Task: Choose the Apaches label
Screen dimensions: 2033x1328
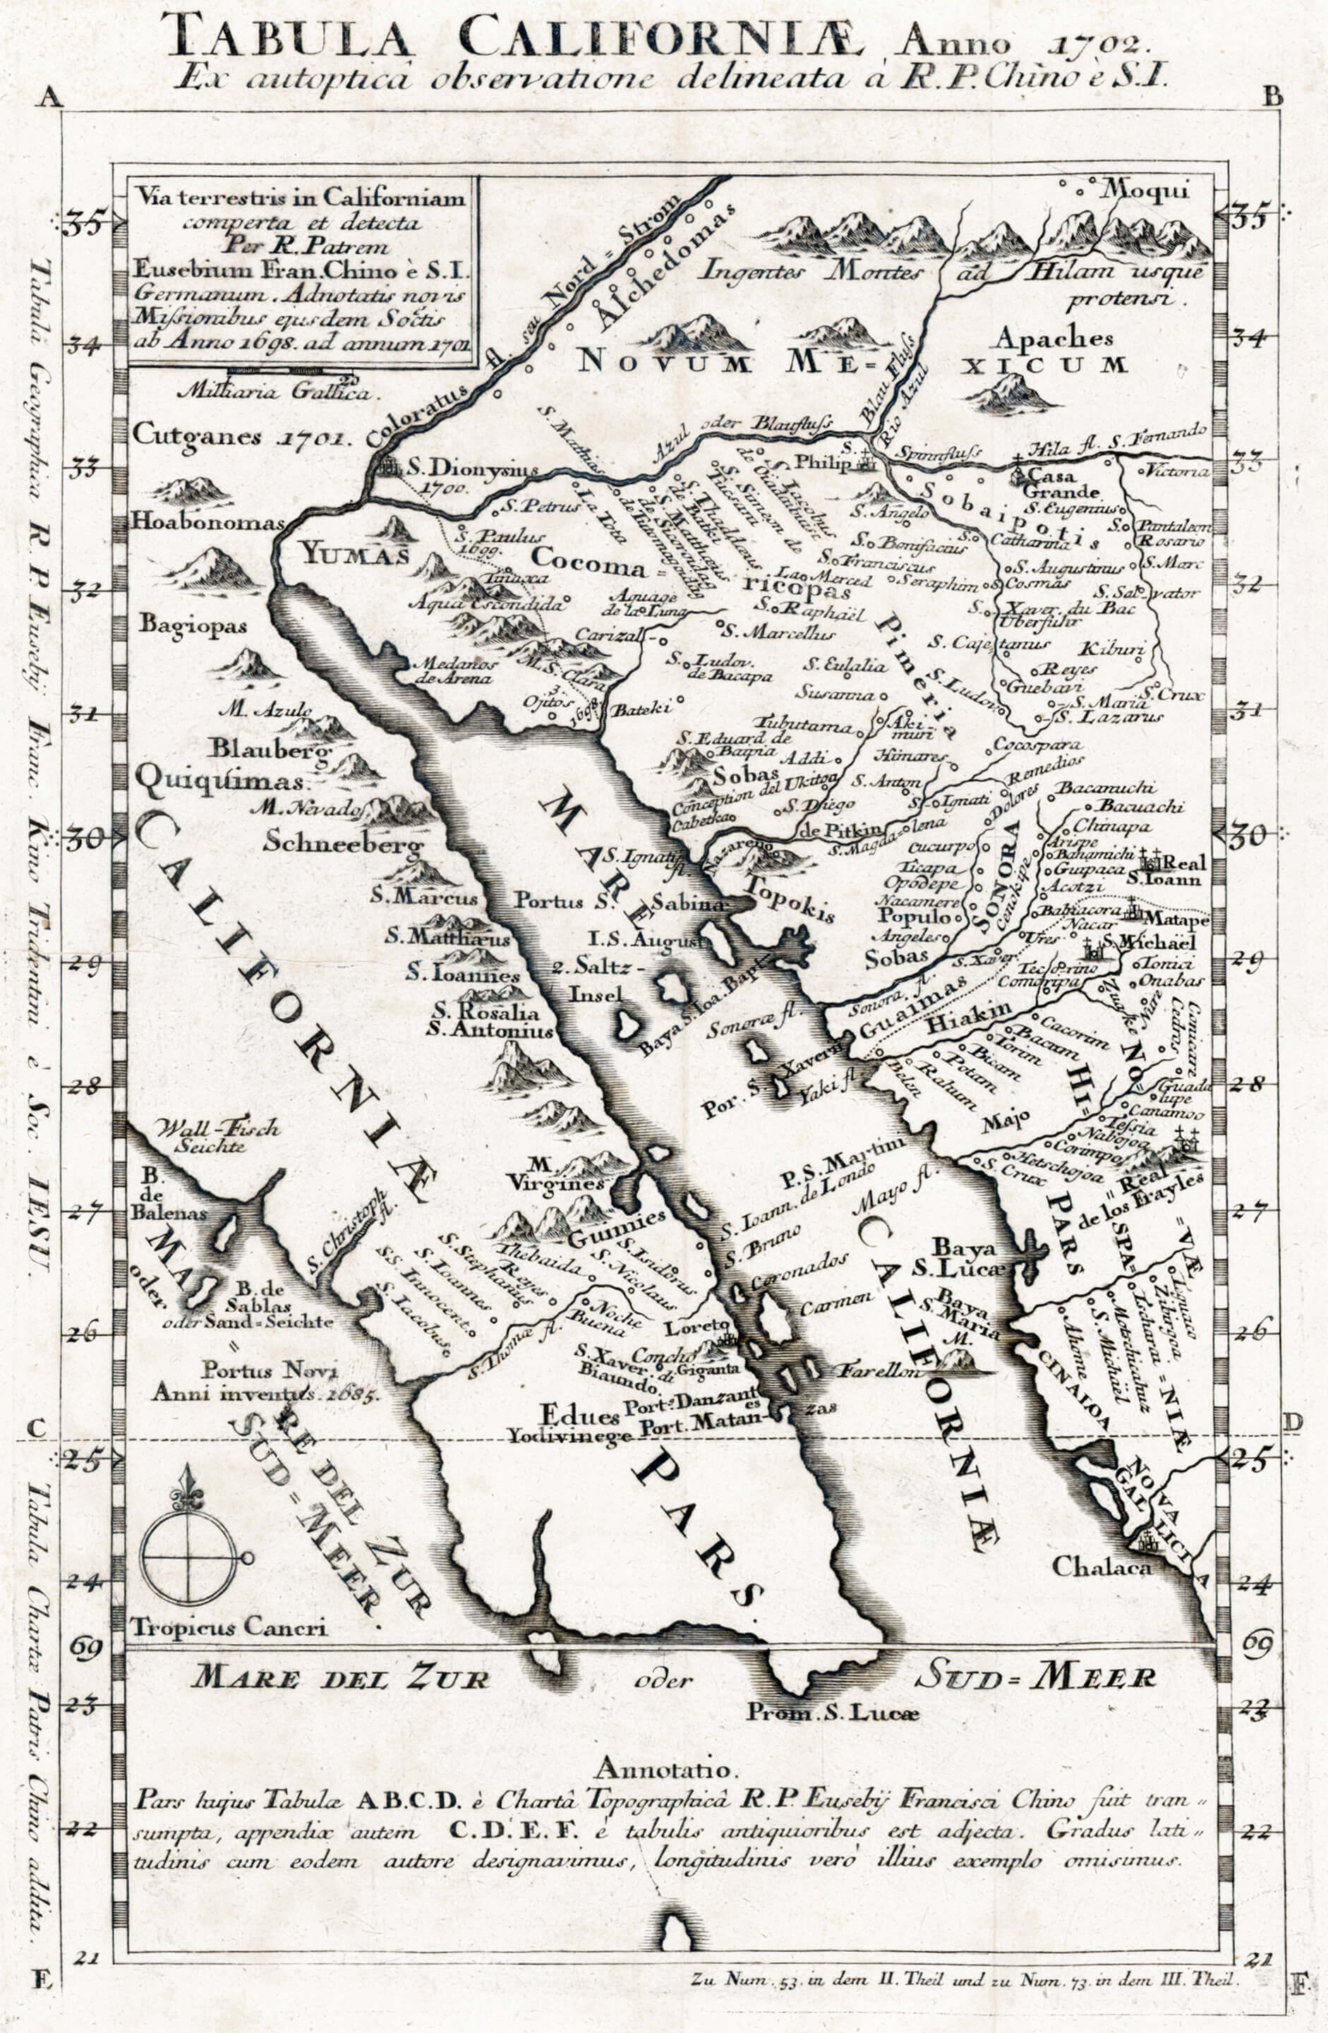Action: click(x=1053, y=339)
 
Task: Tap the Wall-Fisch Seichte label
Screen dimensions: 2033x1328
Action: click(x=218, y=1137)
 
